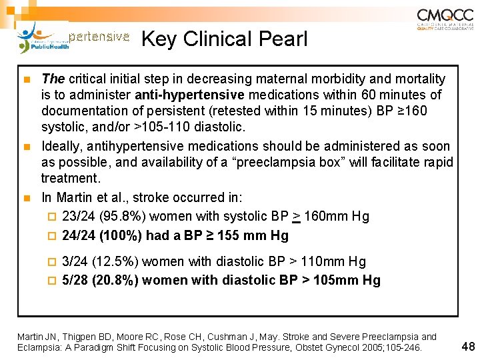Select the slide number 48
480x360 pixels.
tap(468, 346)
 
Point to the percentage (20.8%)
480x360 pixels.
tap(117, 280)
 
